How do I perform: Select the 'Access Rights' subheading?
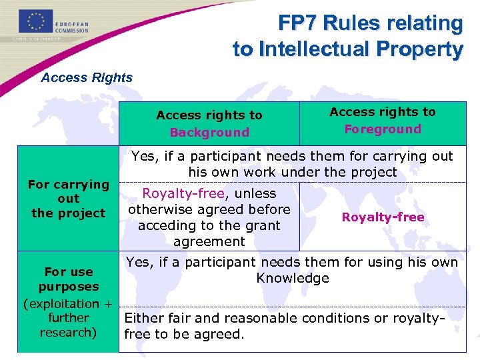click(x=87, y=77)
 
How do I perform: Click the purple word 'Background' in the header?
click(x=209, y=132)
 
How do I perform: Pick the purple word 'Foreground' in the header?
click(x=383, y=129)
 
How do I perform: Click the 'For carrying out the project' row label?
click(x=69, y=199)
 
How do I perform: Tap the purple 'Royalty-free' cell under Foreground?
click(x=383, y=217)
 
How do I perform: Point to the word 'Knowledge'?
click(x=293, y=278)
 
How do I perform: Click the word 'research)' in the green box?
click(x=68, y=332)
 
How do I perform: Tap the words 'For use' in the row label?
click(x=69, y=272)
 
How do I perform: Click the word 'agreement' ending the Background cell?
click(x=209, y=241)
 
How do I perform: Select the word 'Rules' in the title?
click(x=360, y=23)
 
